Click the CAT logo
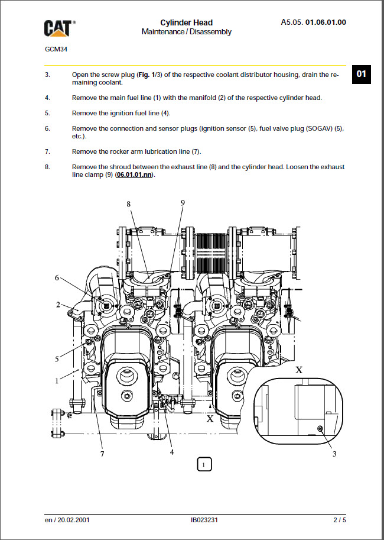(x=59, y=27)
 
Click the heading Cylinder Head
(x=186, y=22)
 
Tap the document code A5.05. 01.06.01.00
(x=313, y=22)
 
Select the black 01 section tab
(x=361, y=74)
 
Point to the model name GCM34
(x=56, y=49)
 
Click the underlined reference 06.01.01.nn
(x=134, y=175)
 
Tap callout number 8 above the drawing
(x=128, y=203)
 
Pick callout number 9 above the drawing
(x=183, y=202)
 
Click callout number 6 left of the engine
(x=57, y=277)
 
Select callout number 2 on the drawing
(x=58, y=305)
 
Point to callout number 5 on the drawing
(x=57, y=358)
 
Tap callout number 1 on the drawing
(x=57, y=381)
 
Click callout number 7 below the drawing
(x=102, y=454)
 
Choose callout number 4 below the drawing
(x=172, y=452)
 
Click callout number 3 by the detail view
(x=334, y=454)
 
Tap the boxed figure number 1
(x=203, y=465)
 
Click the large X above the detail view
(x=299, y=370)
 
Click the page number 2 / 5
(x=339, y=520)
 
